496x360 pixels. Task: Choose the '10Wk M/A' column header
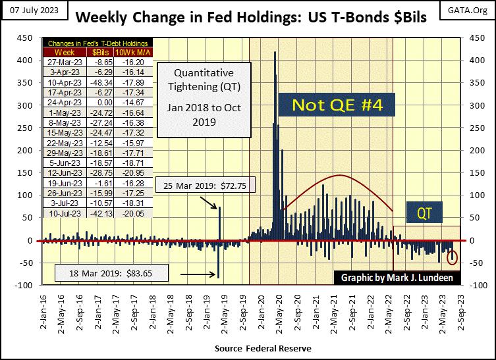135,51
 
